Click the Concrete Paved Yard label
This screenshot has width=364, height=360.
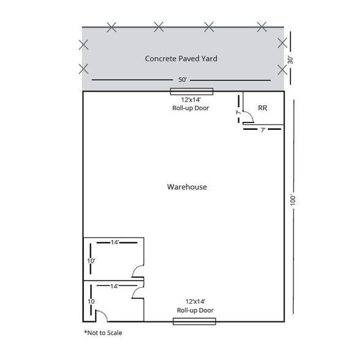tap(181, 59)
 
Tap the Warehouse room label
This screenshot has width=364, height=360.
tap(187, 187)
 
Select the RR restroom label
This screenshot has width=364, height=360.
tap(262, 108)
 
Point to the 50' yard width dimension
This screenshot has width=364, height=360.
tap(181, 80)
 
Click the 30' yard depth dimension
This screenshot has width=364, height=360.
tap(290, 60)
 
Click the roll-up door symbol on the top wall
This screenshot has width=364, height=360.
tap(191, 92)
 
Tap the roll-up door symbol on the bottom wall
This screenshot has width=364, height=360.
tap(195, 320)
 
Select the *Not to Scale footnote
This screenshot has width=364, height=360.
tap(107, 332)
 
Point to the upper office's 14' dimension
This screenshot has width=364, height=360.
tap(115, 242)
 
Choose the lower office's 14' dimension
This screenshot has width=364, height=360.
tap(115, 285)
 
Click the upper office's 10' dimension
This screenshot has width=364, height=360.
tap(91, 261)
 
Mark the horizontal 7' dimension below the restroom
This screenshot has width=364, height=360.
tap(262, 130)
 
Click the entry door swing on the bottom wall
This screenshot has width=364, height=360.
tap(102, 315)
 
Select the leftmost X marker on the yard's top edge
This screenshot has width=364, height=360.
tap(112, 26)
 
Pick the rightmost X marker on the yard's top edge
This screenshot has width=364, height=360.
tap(262, 26)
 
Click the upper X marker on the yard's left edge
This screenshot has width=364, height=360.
tap(83, 44)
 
